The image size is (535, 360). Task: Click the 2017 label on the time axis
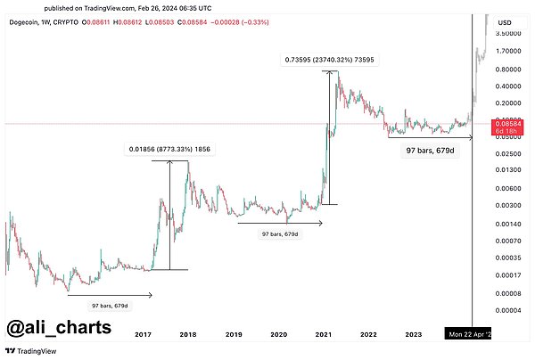click(142, 334)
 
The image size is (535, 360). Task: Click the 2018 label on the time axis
click(188, 334)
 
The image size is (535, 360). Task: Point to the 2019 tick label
click(233, 334)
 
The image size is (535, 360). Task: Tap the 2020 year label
click(278, 334)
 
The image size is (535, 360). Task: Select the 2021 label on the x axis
click(324, 334)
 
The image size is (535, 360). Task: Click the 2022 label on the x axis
click(368, 334)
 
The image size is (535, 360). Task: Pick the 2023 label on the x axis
click(414, 334)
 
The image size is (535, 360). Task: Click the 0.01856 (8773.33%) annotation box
click(169, 150)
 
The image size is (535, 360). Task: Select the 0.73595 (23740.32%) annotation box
click(328, 60)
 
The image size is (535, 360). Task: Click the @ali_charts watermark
click(60, 327)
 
